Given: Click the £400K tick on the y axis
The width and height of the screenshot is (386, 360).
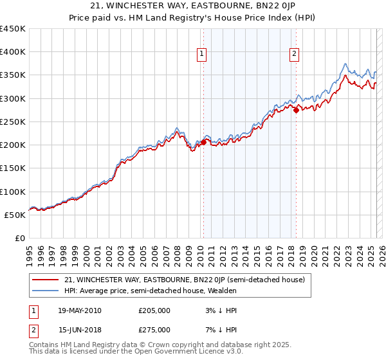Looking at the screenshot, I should (x=13, y=52).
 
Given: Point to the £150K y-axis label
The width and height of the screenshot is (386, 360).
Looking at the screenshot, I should (x=13, y=168).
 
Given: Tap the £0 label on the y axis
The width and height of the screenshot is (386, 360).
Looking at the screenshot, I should (x=19, y=239).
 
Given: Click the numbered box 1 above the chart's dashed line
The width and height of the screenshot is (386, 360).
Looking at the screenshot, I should (x=202, y=55).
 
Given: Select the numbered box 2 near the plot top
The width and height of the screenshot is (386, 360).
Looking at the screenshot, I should (x=294, y=55).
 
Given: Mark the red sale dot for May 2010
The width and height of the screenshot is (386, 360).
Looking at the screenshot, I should (x=204, y=143).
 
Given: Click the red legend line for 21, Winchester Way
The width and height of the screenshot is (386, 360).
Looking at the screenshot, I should (x=46, y=280).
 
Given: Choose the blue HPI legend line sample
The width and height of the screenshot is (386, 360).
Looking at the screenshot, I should (x=46, y=291).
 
